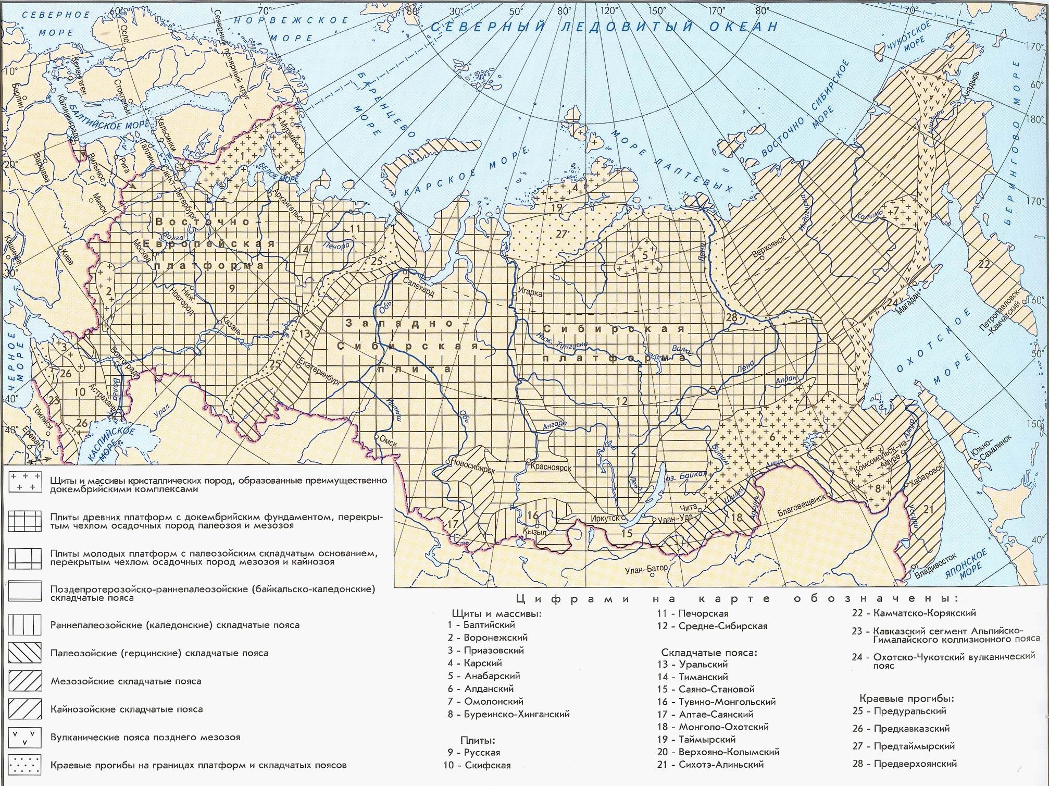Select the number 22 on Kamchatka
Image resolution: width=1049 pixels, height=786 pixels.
point(983,264)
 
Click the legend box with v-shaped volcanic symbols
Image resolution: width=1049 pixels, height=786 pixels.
point(24,738)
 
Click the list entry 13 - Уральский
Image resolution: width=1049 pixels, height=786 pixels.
point(692,664)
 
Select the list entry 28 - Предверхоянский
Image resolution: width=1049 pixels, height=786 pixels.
point(904,764)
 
